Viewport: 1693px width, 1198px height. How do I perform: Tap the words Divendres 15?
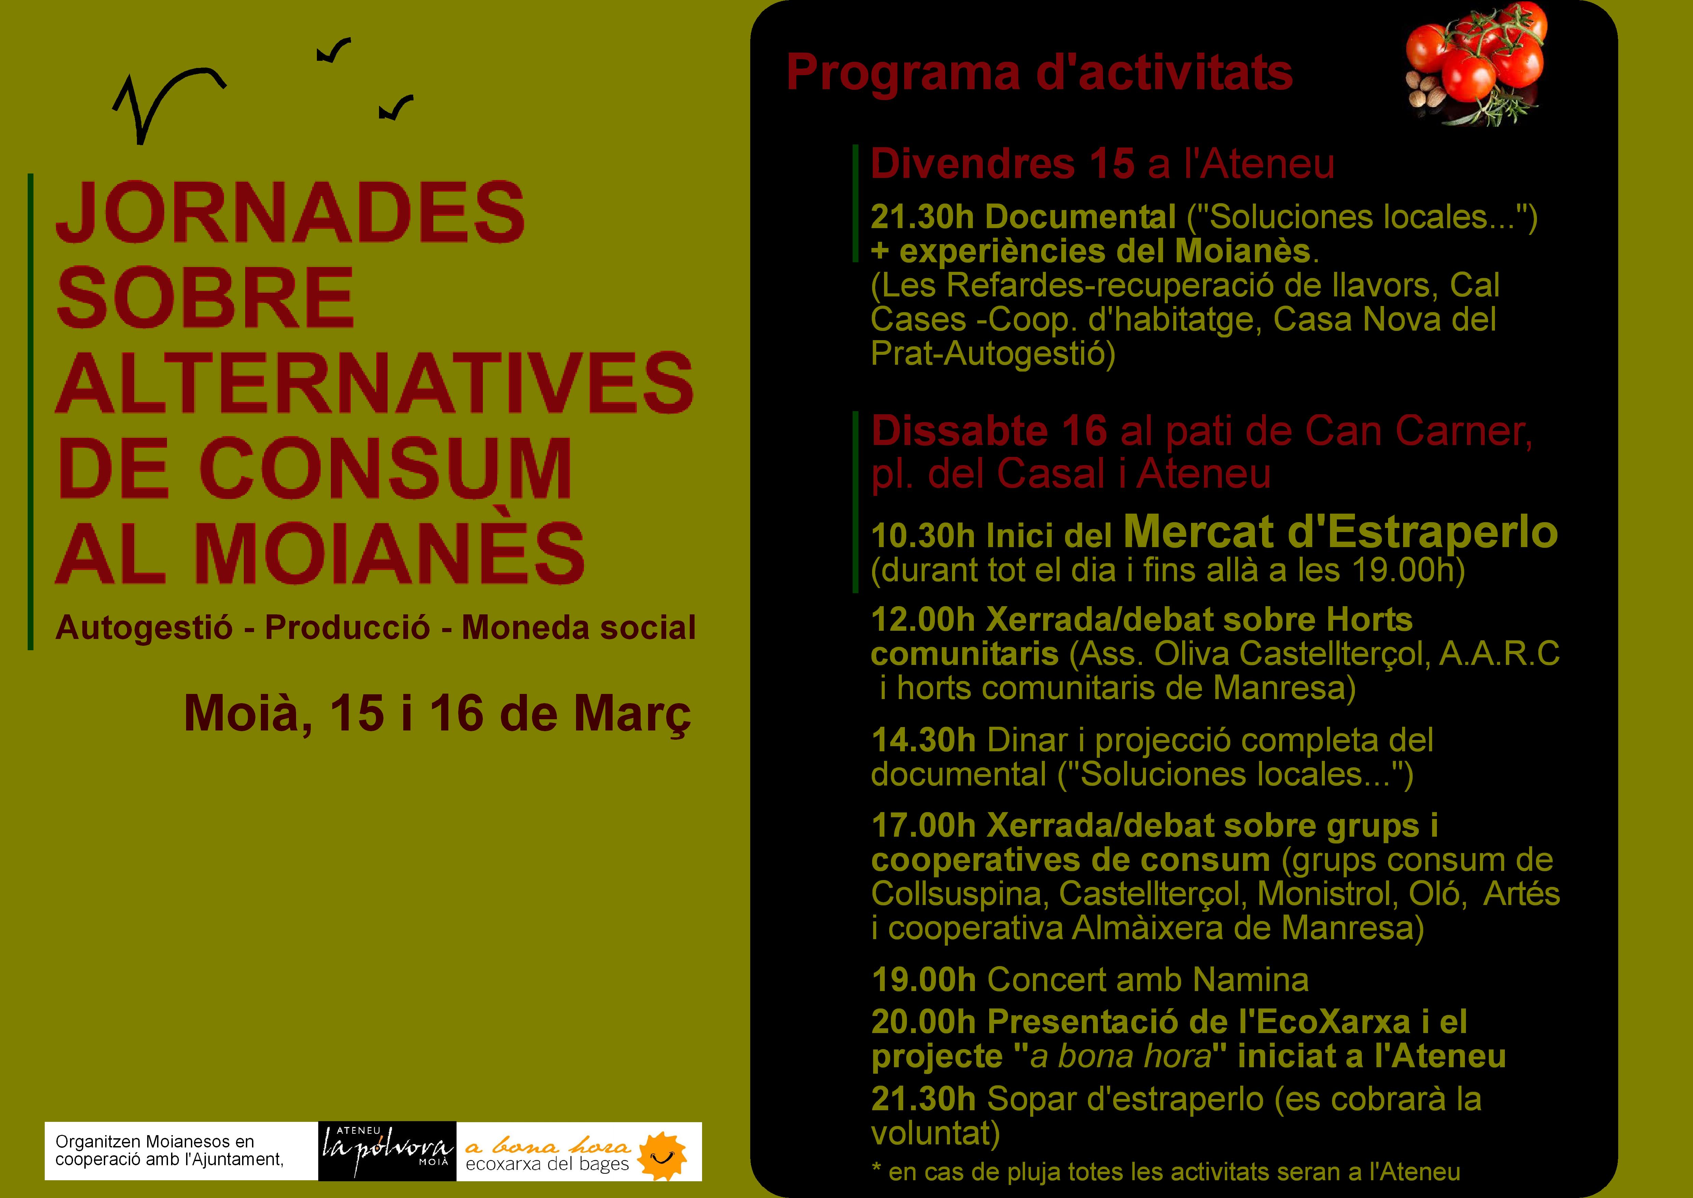[x=1002, y=164]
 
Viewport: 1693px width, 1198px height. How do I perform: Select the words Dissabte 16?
[x=989, y=432]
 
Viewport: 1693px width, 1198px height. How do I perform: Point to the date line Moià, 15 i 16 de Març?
[x=437, y=713]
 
